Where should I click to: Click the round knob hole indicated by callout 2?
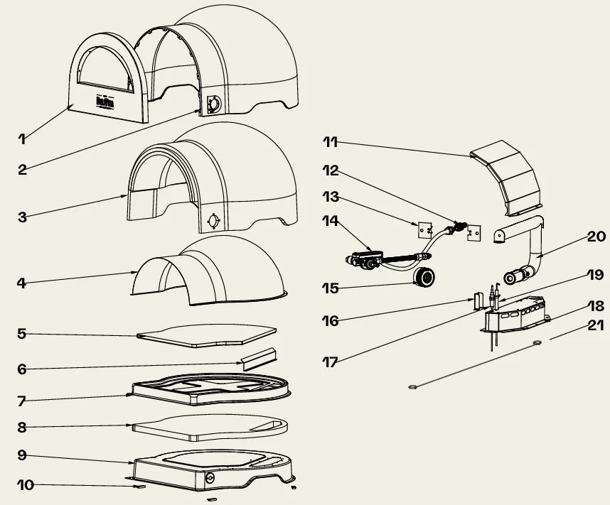(212, 106)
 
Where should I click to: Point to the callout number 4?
(22, 283)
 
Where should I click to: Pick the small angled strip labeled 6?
(258, 359)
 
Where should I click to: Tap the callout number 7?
(22, 401)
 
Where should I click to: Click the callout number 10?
(26, 486)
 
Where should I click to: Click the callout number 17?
(330, 361)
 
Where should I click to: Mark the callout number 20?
(596, 236)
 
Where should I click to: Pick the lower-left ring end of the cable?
(412, 387)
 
